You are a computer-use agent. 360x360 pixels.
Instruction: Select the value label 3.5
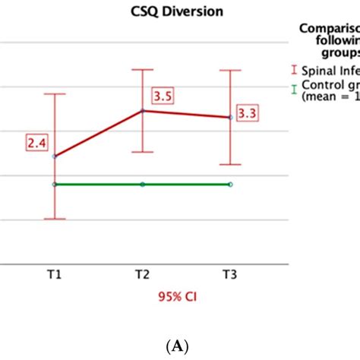point(162,96)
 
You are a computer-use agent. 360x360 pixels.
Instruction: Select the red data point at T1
point(55,156)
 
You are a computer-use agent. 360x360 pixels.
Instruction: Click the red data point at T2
point(142,111)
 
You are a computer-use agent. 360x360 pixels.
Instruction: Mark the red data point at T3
point(230,118)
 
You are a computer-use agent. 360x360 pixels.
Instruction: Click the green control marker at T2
point(142,185)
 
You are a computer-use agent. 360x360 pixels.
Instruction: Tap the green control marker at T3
point(230,185)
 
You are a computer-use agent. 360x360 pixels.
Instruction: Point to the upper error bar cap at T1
point(55,94)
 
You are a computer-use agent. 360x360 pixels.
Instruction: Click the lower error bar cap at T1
point(55,219)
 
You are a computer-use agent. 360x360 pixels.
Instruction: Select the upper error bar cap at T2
point(142,70)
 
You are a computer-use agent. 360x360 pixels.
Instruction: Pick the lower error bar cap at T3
point(230,165)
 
